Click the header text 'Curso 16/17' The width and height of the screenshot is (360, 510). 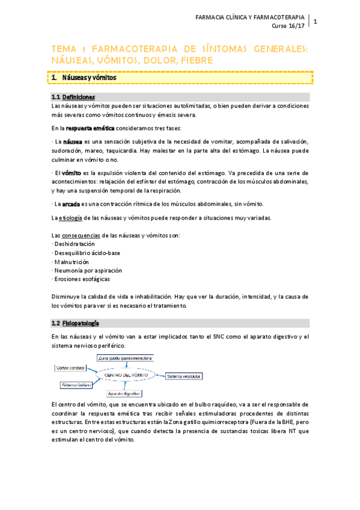pos(288,26)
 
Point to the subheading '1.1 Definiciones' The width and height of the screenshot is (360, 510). pos(73,97)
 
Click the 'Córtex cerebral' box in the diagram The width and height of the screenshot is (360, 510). pos(71,366)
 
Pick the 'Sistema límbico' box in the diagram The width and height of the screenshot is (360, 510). pos(75,384)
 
